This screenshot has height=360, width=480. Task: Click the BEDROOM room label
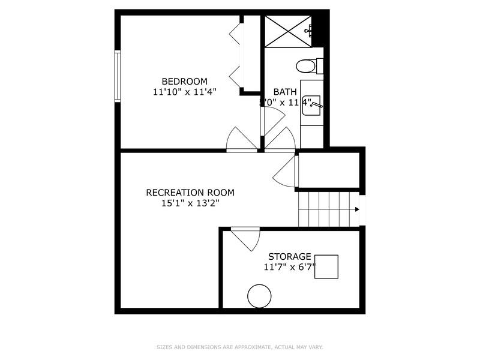[184, 82]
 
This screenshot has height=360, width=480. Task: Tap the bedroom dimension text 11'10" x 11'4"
[184, 92]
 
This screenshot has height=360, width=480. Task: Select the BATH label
[284, 92]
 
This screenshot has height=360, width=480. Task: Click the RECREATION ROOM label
[190, 193]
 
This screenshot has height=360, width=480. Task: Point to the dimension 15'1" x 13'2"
[190, 203]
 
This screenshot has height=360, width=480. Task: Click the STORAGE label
[290, 256]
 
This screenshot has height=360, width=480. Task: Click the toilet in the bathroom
[309, 65]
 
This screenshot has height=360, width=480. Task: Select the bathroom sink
[311, 106]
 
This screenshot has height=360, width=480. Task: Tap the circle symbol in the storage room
[259, 296]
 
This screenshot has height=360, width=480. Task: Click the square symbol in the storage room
[326, 266]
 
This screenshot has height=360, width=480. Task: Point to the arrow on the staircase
[357, 209]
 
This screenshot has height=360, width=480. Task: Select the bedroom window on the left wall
[118, 76]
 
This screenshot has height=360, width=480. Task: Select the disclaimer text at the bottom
[239, 347]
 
